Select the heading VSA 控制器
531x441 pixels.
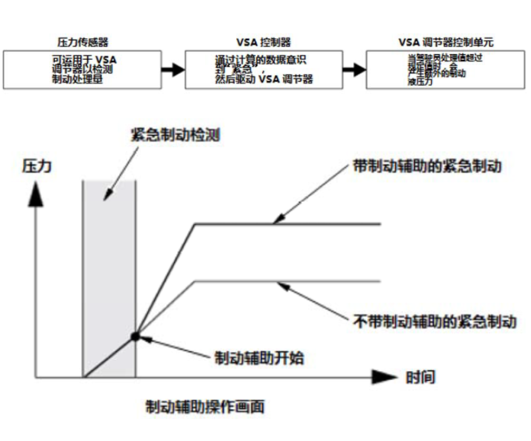[263, 42]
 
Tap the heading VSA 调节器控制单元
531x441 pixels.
[446, 42]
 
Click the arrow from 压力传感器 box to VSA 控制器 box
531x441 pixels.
[172, 69]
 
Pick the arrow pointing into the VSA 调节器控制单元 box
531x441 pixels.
[354, 69]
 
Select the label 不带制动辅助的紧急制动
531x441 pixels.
[434, 321]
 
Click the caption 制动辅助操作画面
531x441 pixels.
[205, 407]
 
